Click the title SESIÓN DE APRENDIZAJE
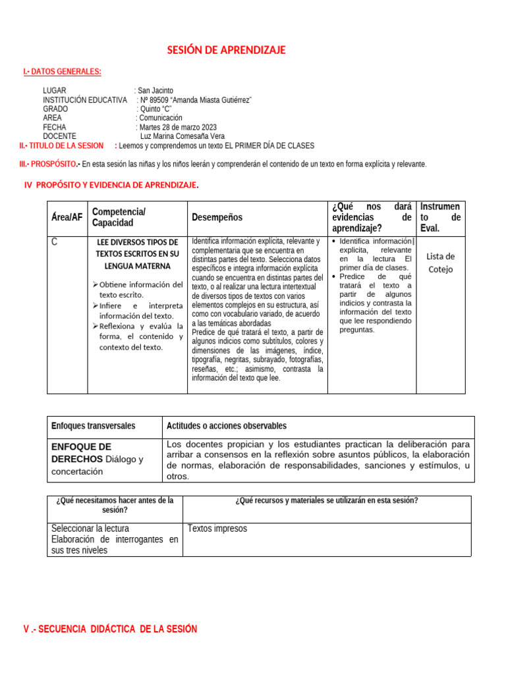[x=226, y=51]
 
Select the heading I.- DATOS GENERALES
[x=62, y=71]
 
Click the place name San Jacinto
[x=155, y=90]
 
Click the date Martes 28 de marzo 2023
[x=178, y=127]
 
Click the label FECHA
[x=55, y=127]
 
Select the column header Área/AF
[x=67, y=217]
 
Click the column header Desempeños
[x=217, y=217]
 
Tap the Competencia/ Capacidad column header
[x=119, y=217]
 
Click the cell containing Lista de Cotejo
[x=440, y=263]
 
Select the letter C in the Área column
[x=54, y=242]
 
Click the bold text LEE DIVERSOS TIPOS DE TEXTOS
[x=137, y=253]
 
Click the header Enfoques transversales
[x=93, y=426]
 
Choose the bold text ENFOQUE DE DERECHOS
[x=81, y=452]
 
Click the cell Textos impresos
[x=217, y=529]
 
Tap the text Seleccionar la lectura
[x=90, y=529]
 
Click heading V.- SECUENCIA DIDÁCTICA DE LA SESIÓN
[x=110, y=629]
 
